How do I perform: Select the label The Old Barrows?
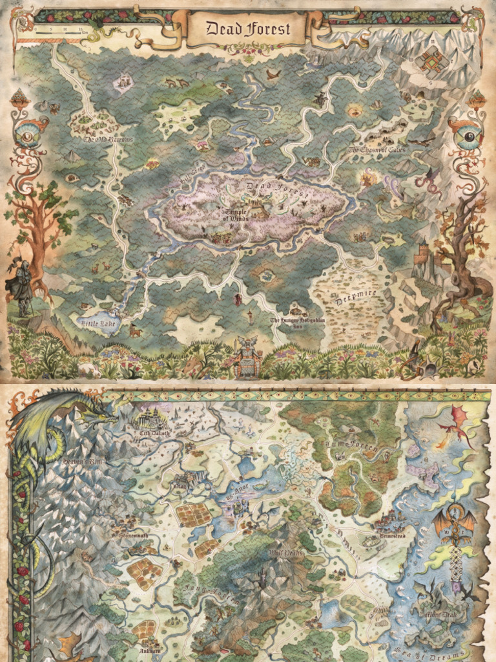click(x=107, y=139)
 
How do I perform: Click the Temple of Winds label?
click(x=237, y=215)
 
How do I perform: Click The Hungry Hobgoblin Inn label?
click(x=294, y=323)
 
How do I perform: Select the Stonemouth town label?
click(x=133, y=536)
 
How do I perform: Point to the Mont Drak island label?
click(x=440, y=615)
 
